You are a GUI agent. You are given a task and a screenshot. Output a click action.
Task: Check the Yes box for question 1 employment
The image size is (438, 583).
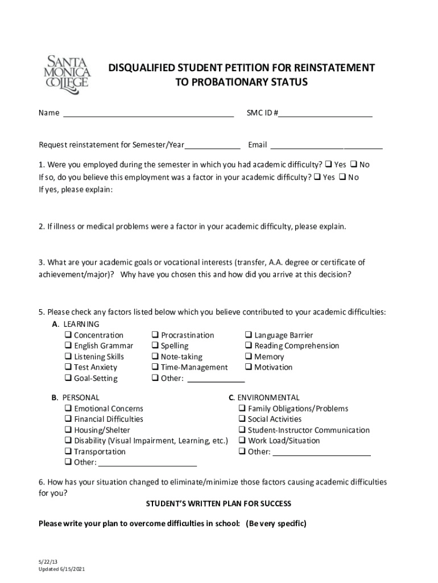pos(329,165)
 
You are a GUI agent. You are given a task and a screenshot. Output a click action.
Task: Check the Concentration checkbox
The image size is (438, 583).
pos(68,335)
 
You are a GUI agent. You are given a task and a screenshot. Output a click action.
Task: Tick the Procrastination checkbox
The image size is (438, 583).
pos(155,335)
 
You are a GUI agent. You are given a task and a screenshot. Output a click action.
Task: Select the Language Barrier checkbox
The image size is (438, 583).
pos(249,335)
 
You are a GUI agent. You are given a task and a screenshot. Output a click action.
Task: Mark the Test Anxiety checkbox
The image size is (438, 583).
pos(68,368)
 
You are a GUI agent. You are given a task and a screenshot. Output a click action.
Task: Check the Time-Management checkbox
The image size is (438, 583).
pos(155,368)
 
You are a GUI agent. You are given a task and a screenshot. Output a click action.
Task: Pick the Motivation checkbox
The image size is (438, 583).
pos(249,368)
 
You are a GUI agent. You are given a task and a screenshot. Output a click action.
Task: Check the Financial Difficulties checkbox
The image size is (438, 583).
pos(68,420)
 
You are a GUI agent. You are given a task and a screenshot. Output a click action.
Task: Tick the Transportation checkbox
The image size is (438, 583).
pos(68,452)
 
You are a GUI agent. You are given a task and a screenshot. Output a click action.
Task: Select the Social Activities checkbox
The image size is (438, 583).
pos(242,420)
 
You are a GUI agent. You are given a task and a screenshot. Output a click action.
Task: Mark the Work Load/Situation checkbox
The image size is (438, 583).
pos(242,441)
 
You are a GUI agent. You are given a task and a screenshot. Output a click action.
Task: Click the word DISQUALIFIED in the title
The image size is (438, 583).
pos(142,68)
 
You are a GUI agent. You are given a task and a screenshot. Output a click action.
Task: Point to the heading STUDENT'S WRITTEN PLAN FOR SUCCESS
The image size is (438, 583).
pos(218,504)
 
